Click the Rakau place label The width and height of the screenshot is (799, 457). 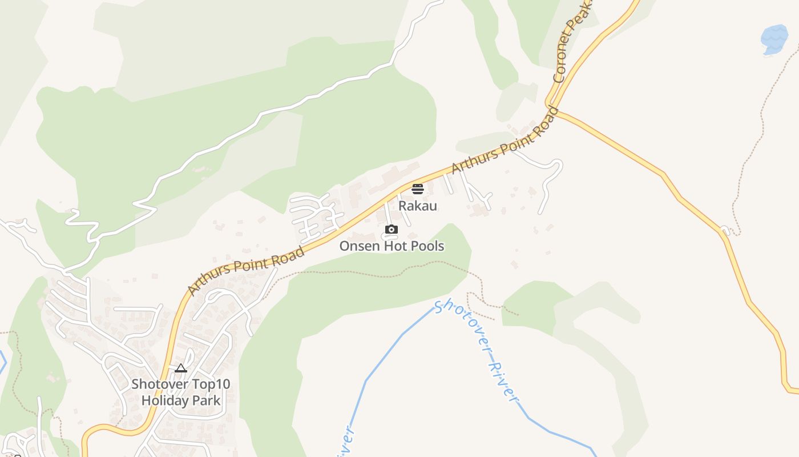[x=418, y=206]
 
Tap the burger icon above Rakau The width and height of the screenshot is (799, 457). [x=418, y=189]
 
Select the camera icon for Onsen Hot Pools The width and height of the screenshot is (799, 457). [x=391, y=230]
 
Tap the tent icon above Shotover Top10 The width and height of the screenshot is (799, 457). [x=181, y=368]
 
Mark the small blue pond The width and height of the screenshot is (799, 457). [x=774, y=39]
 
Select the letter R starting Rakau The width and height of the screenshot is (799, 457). [x=402, y=206]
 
